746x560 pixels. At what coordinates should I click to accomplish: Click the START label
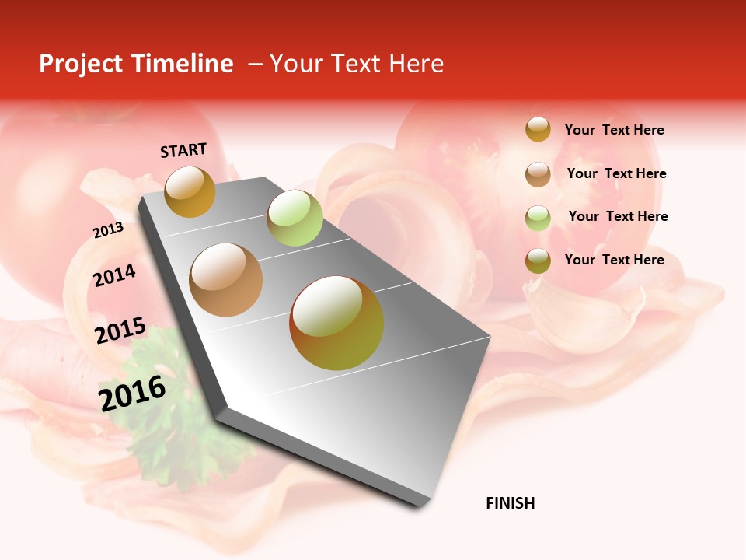[x=183, y=150]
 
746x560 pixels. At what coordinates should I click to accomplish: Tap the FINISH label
[x=510, y=503]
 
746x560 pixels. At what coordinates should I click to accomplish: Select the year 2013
[x=108, y=230]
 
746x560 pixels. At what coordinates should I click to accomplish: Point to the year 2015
[x=120, y=331]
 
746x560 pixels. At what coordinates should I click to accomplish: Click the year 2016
[x=132, y=393]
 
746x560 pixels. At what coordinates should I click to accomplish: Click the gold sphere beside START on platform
[x=190, y=191]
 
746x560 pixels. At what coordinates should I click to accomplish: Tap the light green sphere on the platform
[x=295, y=218]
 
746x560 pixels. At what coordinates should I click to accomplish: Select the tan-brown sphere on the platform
[x=226, y=279]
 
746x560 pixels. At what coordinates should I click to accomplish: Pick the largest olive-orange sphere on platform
[x=336, y=323]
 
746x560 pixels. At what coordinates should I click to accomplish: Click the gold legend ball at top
[x=538, y=129]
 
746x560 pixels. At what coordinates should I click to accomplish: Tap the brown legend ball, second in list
[x=538, y=173]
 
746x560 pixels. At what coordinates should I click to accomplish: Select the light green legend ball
[x=538, y=217]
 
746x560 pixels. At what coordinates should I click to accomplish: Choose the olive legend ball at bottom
[x=538, y=261]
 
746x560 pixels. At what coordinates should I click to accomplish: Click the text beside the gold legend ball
[x=614, y=130]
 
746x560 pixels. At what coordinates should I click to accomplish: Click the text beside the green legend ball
[x=618, y=216]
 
